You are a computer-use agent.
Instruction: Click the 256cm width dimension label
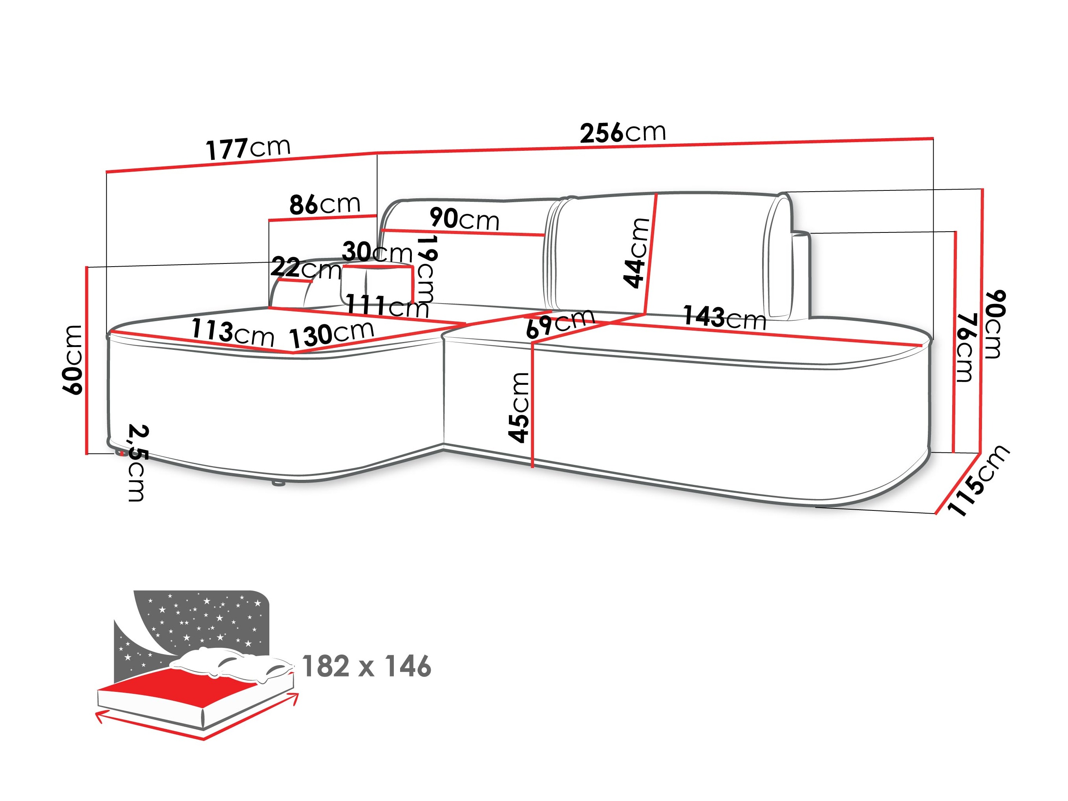(x=623, y=132)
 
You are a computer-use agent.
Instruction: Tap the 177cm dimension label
(x=248, y=148)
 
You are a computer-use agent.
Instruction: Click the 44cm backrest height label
(x=636, y=252)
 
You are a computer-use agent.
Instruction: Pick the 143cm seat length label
(x=724, y=317)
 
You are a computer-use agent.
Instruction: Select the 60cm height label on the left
(x=73, y=360)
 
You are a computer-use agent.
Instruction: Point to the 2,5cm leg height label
(x=137, y=463)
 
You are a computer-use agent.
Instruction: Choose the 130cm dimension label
(x=332, y=334)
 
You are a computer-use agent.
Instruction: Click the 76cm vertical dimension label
(x=966, y=347)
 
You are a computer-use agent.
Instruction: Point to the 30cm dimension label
(x=377, y=252)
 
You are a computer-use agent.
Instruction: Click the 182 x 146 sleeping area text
(x=366, y=667)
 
